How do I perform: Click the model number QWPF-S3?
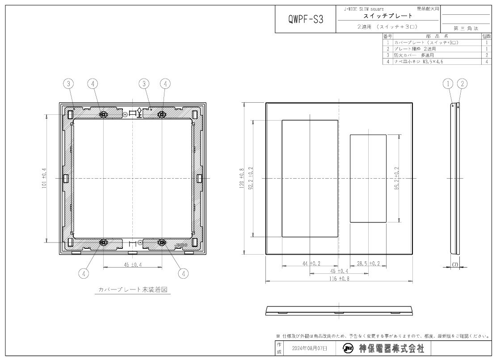click(x=306, y=19)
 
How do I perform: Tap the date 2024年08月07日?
click(x=309, y=348)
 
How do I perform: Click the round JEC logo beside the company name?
click(x=349, y=348)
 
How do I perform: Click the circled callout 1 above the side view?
click(x=449, y=83)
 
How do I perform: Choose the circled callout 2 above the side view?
click(x=463, y=83)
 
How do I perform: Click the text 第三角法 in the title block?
click(x=466, y=28)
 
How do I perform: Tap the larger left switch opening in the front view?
click(x=310, y=178)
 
